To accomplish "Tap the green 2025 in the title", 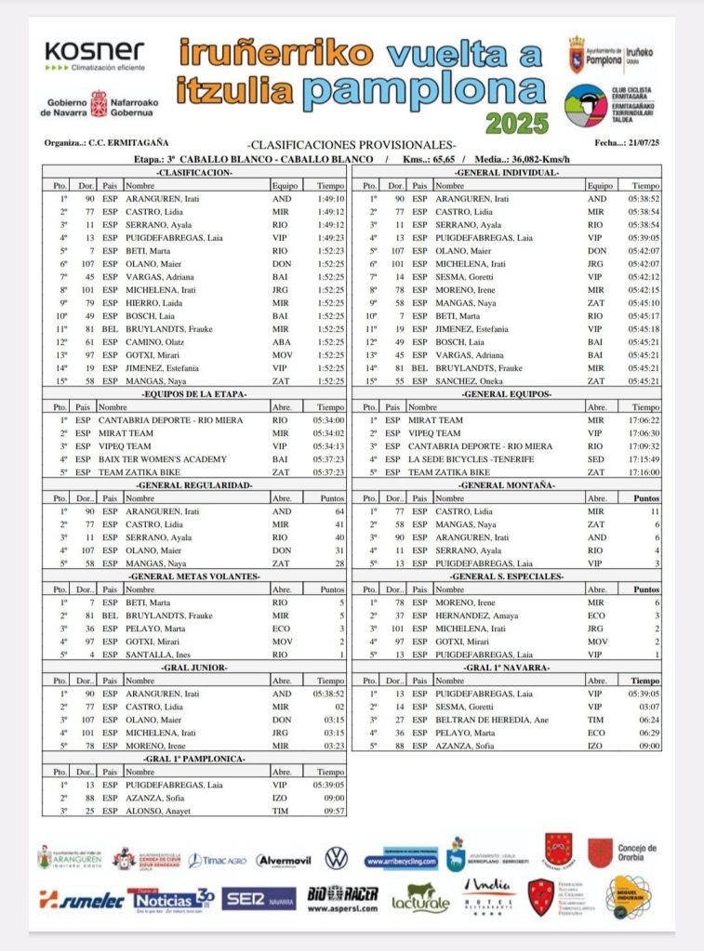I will pyautogui.click(x=518, y=123).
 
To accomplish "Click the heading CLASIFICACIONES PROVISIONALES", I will pyautogui.click(x=352, y=144).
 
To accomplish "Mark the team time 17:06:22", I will pyautogui.click(x=644, y=419).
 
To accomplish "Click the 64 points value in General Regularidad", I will pyautogui.click(x=339, y=511).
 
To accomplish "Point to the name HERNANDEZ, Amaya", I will pyautogui.click(x=479, y=615).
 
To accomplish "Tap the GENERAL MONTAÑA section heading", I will pyautogui.click(x=506, y=484).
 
